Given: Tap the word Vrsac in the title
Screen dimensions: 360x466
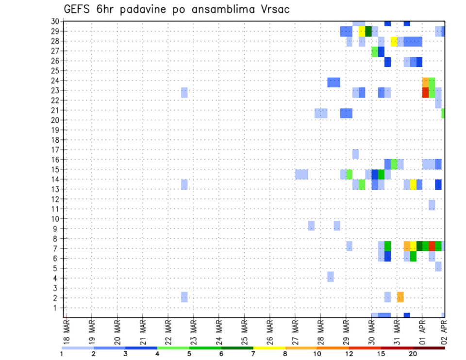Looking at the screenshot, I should [272, 9].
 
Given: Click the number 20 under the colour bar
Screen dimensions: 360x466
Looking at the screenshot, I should [413, 354].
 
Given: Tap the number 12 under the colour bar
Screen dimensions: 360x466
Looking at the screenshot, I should [349, 354].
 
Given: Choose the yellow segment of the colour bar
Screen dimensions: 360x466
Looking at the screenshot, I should [269, 348].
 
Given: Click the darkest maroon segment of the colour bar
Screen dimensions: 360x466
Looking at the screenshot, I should [429, 348].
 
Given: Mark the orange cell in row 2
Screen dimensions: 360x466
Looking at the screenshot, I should [400, 297].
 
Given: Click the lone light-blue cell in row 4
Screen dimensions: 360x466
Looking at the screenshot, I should [331, 277].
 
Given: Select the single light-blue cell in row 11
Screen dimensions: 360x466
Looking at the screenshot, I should [432, 205].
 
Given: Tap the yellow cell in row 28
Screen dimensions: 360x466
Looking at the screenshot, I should [394, 41].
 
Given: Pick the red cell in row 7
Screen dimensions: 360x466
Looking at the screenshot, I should [432, 246].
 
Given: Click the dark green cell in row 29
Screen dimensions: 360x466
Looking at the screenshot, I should [368, 32].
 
